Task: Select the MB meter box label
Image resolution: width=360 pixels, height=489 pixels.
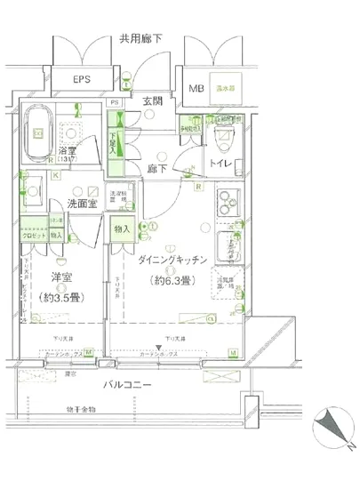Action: [196, 87]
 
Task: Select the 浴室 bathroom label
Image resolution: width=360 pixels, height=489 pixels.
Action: [68, 151]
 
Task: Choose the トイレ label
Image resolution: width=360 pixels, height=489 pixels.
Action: [220, 164]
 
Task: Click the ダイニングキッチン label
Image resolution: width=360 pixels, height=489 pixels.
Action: [173, 260]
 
